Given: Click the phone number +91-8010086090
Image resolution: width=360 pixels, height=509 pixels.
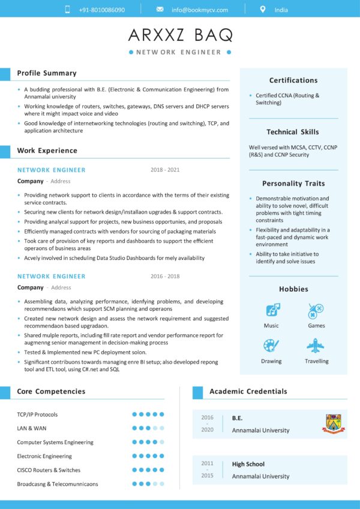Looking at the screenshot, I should tap(102, 10).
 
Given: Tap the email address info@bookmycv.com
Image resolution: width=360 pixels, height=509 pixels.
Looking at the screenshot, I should tap(200, 10).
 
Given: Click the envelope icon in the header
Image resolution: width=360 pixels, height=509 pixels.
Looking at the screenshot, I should tap(160, 10).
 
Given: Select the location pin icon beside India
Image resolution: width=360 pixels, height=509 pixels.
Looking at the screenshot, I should tap(262, 10).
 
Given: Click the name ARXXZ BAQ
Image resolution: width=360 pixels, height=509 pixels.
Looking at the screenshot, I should tap(180, 35).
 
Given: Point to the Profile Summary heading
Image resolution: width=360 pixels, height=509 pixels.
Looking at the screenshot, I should tap(47, 73).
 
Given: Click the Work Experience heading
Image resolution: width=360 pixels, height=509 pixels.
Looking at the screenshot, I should tap(47, 151).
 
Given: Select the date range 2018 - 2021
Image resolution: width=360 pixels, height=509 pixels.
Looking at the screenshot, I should tap(165, 170).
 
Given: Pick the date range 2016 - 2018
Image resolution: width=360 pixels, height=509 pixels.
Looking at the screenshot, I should tap(165, 276).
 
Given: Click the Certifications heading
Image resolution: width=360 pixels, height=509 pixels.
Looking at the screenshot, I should tap(293, 80).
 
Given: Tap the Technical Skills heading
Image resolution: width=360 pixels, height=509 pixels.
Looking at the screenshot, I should tap(293, 132).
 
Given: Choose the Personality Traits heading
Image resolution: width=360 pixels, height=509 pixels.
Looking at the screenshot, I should tap(293, 184).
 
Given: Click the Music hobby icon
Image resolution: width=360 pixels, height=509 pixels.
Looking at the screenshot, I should tap(272, 310).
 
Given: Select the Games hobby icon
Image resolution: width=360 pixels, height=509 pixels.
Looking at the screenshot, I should tap(316, 310).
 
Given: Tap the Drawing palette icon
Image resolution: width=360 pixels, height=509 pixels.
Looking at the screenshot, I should tap(271, 346).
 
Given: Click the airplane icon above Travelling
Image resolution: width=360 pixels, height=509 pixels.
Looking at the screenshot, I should tap(316, 346).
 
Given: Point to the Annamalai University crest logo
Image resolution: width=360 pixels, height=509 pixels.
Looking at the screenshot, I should tap(335, 423).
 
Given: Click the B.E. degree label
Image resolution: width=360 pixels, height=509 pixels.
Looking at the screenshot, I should tap(238, 418).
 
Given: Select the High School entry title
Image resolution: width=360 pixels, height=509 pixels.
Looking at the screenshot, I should tap(248, 464).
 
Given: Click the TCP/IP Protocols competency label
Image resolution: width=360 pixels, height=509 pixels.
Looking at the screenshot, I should tap(37, 415).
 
